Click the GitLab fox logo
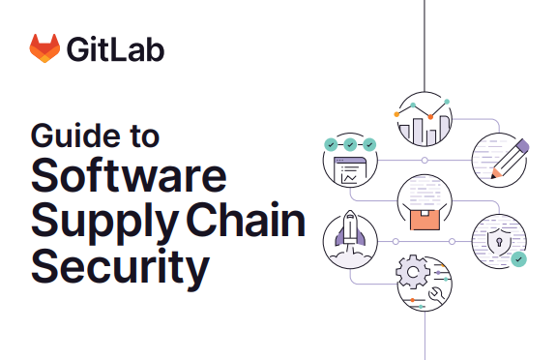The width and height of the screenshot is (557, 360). [44, 48]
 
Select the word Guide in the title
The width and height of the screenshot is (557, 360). [68, 135]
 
